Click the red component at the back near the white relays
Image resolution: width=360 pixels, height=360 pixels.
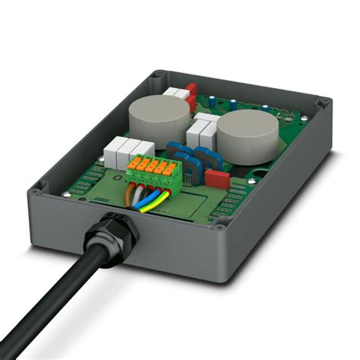[192, 93]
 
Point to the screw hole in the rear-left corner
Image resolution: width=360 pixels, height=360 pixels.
[157, 75]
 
